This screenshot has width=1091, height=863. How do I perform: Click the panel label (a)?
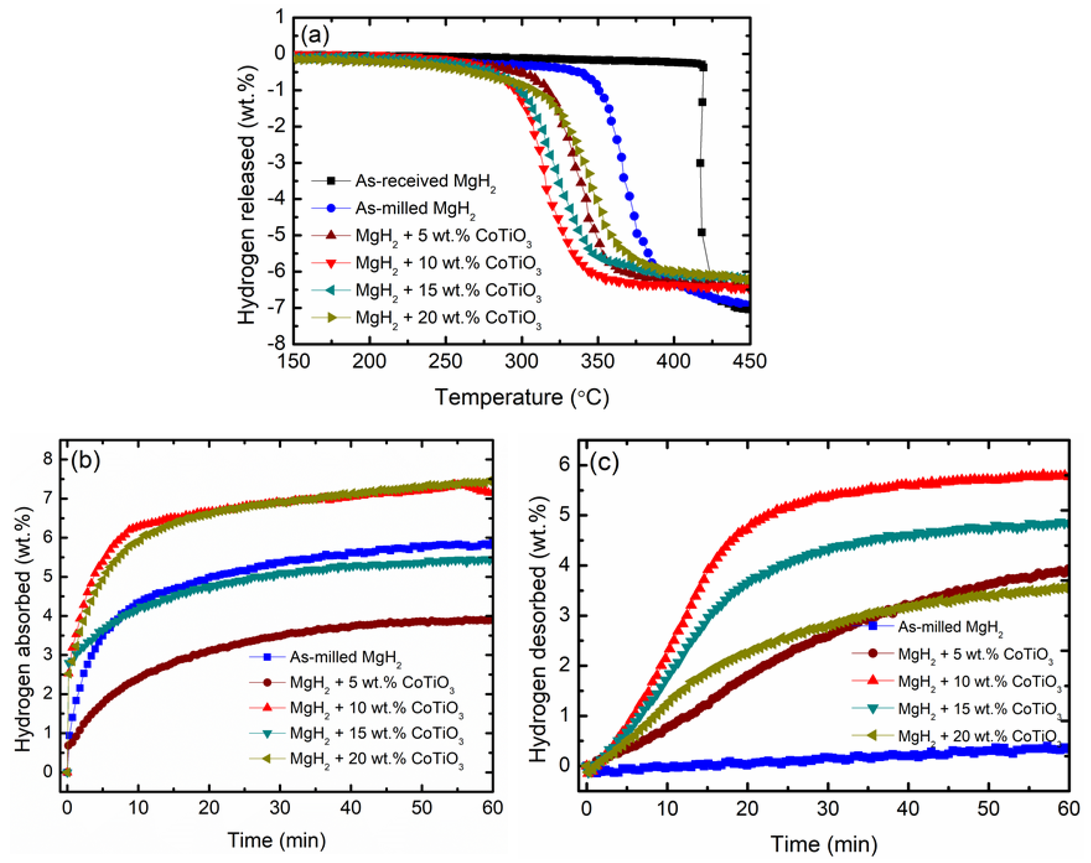[315, 35]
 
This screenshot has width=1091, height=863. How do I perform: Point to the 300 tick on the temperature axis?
[522, 362]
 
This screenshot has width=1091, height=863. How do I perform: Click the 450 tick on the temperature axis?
[749, 362]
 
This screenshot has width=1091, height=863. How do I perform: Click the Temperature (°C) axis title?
[522, 397]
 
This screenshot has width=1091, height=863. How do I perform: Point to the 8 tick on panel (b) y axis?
[48, 459]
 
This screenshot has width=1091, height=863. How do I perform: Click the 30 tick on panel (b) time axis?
[279, 807]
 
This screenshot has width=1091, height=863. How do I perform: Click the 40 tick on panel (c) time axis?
[908, 809]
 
